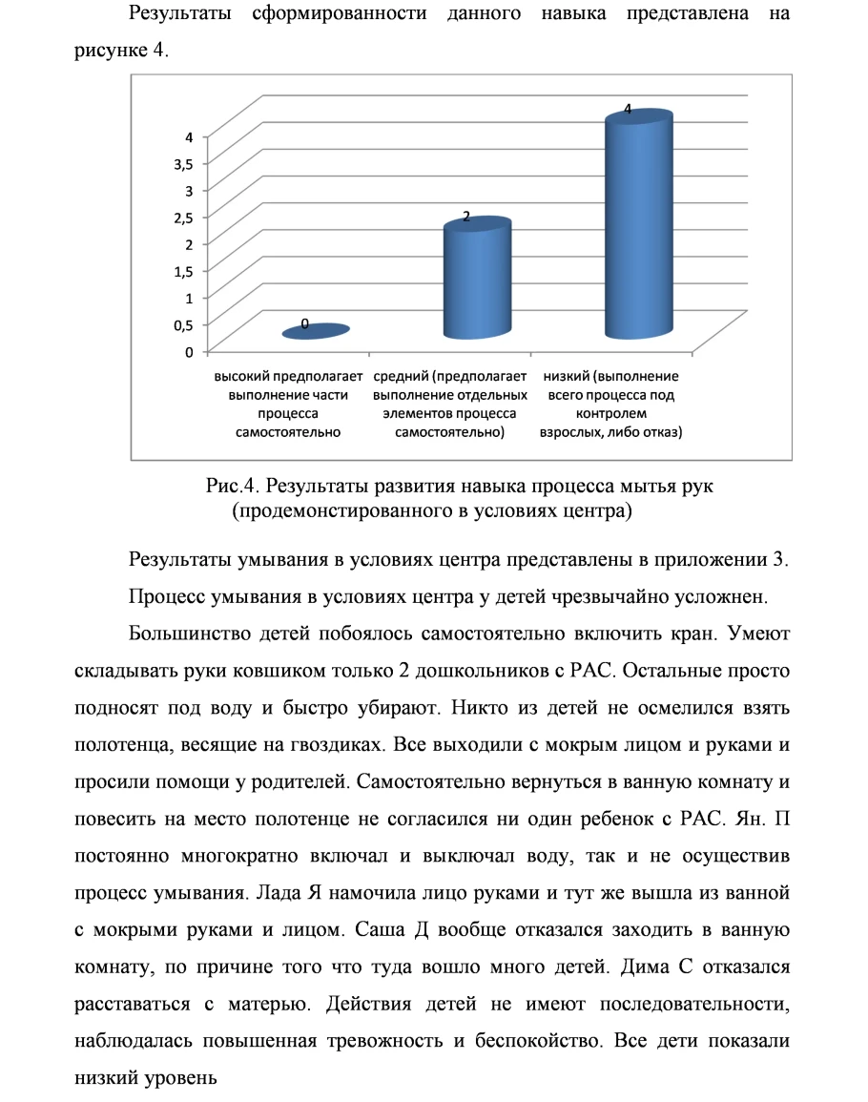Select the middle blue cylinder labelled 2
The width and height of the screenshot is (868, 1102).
[477, 281]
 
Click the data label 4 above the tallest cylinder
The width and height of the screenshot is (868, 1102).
[628, 110]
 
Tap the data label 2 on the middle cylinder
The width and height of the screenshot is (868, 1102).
[465, 217]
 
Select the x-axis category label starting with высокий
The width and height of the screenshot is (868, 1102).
[288, 404]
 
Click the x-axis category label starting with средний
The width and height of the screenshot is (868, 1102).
[450, 404]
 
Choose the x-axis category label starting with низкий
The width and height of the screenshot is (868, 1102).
[611, 404]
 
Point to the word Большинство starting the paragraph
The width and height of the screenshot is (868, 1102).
[183, 634]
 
